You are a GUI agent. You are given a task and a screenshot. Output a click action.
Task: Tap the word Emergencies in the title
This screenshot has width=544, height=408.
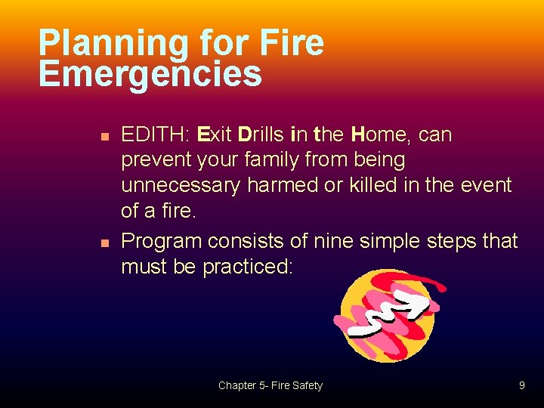[150, 74]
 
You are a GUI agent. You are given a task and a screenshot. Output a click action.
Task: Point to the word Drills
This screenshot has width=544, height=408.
[261, 135]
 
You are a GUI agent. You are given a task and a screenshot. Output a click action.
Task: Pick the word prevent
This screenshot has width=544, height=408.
[158, 160]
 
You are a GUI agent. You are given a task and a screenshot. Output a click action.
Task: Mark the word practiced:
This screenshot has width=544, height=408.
[247, 267]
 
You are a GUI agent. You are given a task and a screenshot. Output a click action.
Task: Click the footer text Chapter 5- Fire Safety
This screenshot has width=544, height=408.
[270, 385]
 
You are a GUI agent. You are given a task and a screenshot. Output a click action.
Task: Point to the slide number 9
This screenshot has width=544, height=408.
[521, 385]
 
